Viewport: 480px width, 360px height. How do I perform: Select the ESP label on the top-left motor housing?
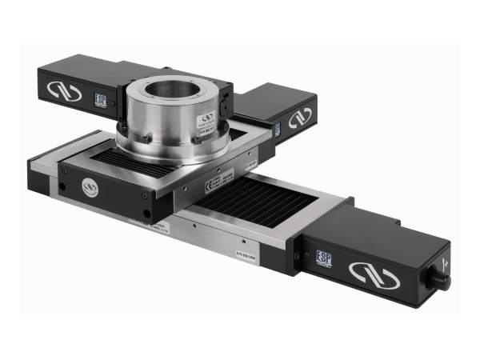pos(102,99)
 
